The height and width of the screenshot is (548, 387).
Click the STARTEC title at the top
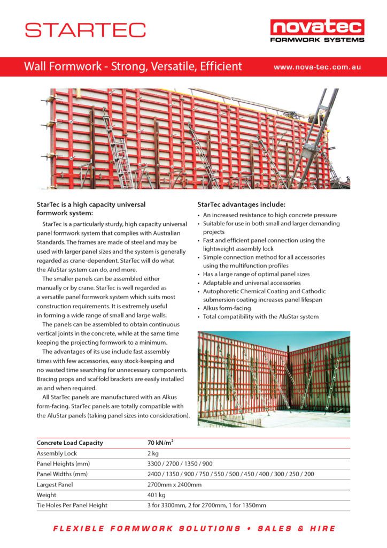(85, 29)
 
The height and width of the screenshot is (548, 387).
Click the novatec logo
(317, 30)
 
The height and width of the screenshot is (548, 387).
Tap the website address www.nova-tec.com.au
(317, 67)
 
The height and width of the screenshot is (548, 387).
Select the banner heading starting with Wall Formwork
(133, 67)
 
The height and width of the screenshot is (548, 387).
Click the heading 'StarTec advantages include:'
(241, 204)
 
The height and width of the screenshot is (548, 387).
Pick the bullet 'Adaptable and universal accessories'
(251, 283)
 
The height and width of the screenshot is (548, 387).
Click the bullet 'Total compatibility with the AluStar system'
(260, 317)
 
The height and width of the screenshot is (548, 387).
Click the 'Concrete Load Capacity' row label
(69, 443)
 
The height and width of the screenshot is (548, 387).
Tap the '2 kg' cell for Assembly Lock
(153, 453)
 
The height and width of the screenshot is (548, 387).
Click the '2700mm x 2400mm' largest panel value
(174, 484)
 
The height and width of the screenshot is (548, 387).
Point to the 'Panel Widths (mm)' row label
(62, 474)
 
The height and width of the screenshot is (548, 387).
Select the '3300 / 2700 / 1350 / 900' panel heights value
(180, 463)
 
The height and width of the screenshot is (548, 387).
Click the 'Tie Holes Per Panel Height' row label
(72, 505)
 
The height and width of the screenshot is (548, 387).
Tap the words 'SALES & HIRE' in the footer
(297, 529)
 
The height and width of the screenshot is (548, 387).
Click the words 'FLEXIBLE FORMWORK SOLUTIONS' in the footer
(146, 529)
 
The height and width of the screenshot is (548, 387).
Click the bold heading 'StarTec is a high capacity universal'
(91, 204)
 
